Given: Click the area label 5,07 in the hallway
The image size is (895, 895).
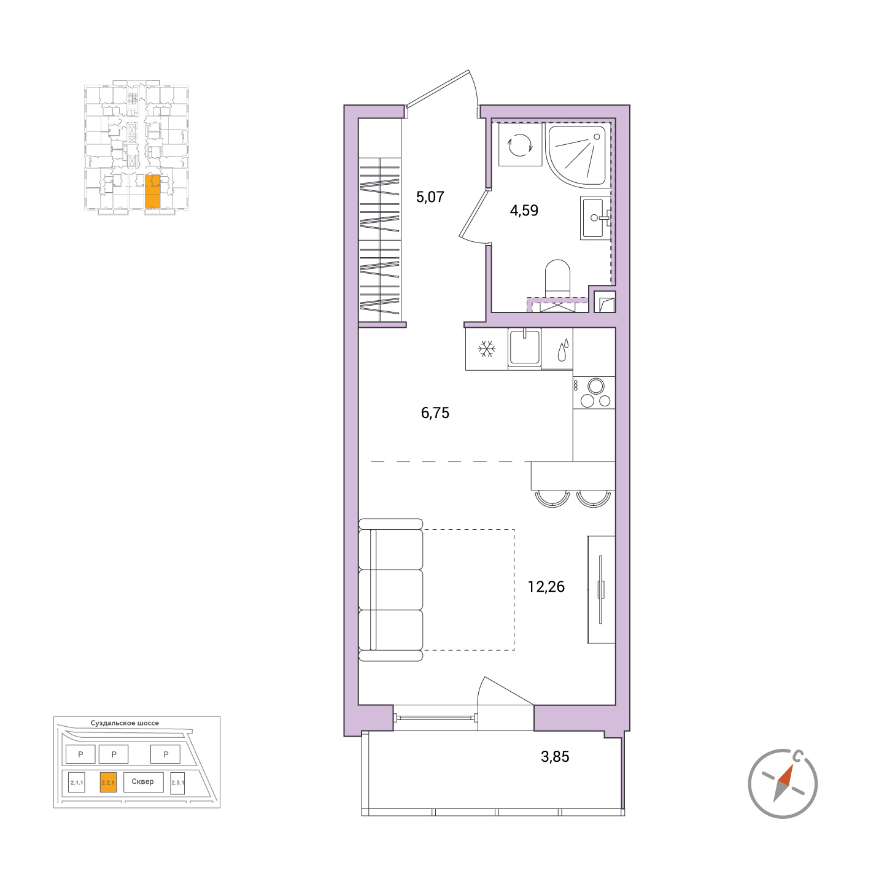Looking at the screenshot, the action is tap(430, 197).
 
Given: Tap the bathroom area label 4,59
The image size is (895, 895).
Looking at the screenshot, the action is tap(524, 211).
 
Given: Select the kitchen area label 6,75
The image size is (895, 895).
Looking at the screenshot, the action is tap(435, 413).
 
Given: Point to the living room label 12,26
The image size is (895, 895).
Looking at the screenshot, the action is tap(546, 587).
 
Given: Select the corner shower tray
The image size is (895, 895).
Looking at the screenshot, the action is tap(576, 156).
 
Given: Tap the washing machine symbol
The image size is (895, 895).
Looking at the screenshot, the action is tap(520, 144).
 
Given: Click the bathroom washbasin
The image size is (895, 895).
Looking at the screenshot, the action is tap(594, 217).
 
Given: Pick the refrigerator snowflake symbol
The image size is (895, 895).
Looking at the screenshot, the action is tap(486, 348).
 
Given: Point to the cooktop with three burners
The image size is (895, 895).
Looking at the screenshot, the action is tap(594, 392).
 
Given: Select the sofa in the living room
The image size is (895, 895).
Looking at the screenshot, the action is tap(390, 589).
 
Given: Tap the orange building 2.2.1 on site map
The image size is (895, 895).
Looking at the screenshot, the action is tap(108, 783).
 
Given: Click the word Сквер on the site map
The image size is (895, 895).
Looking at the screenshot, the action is tap(142, 781).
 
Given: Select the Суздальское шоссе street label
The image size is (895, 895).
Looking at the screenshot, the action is tap(125, 723).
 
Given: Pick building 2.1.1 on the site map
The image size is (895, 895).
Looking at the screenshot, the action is tap(77, 783).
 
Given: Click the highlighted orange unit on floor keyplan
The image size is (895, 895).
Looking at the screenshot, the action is tap(152, 191).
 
